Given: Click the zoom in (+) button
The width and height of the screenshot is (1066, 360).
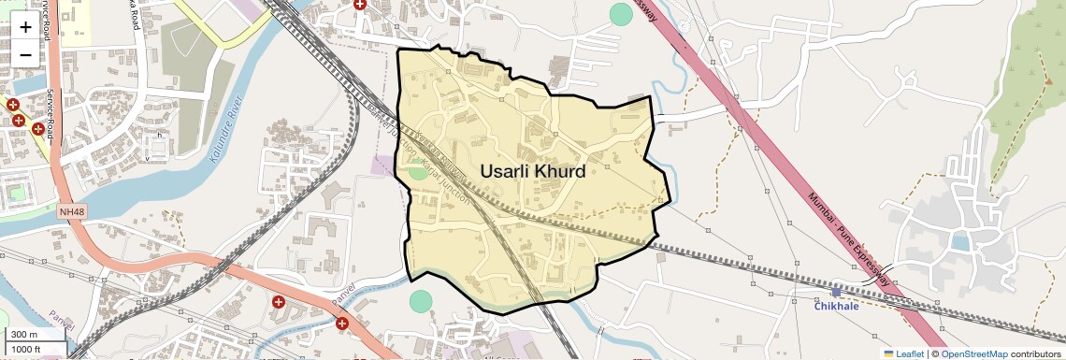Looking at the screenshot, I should point(25,26).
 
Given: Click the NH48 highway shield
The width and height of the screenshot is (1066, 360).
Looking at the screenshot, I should point(70,212).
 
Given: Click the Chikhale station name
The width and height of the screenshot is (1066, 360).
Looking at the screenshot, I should point(836,307).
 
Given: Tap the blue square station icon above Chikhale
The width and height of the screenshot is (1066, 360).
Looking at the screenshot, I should point(836,293).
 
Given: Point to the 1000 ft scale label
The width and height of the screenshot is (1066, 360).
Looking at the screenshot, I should point(28,350).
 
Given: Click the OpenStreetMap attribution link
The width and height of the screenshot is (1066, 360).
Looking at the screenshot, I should point(973,353).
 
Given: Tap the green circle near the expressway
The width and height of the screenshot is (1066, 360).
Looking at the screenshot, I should point(621,14).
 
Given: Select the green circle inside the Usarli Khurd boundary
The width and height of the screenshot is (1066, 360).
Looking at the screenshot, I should point(418,170).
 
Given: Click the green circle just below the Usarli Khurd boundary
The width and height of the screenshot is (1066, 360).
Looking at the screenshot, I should point(421,301).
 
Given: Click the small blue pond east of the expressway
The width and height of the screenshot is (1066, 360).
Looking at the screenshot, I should point(959,243).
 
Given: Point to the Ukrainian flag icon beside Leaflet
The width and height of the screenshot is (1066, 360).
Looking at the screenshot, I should point(888,353).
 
